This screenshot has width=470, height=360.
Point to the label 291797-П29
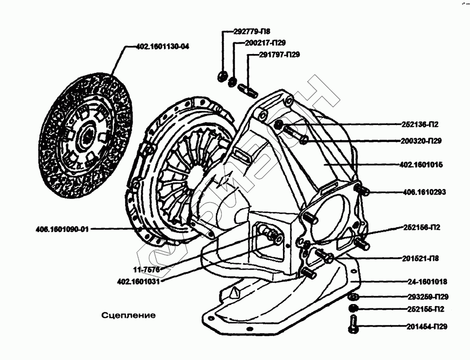tap(279, 55)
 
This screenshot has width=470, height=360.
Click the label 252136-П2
tap(420, 125)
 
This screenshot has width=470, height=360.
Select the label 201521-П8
tap(421, 258)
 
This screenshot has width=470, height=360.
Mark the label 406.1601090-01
tap(62, 229)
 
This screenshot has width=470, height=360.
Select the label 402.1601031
tap(138, 282)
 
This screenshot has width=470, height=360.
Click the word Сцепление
tap(128, 315)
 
